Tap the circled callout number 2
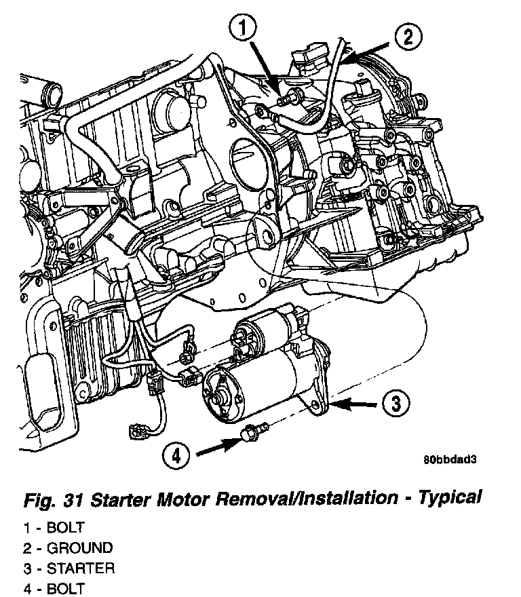408,37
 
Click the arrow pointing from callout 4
216,445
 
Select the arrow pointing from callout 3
356,405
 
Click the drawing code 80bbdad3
451,459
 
